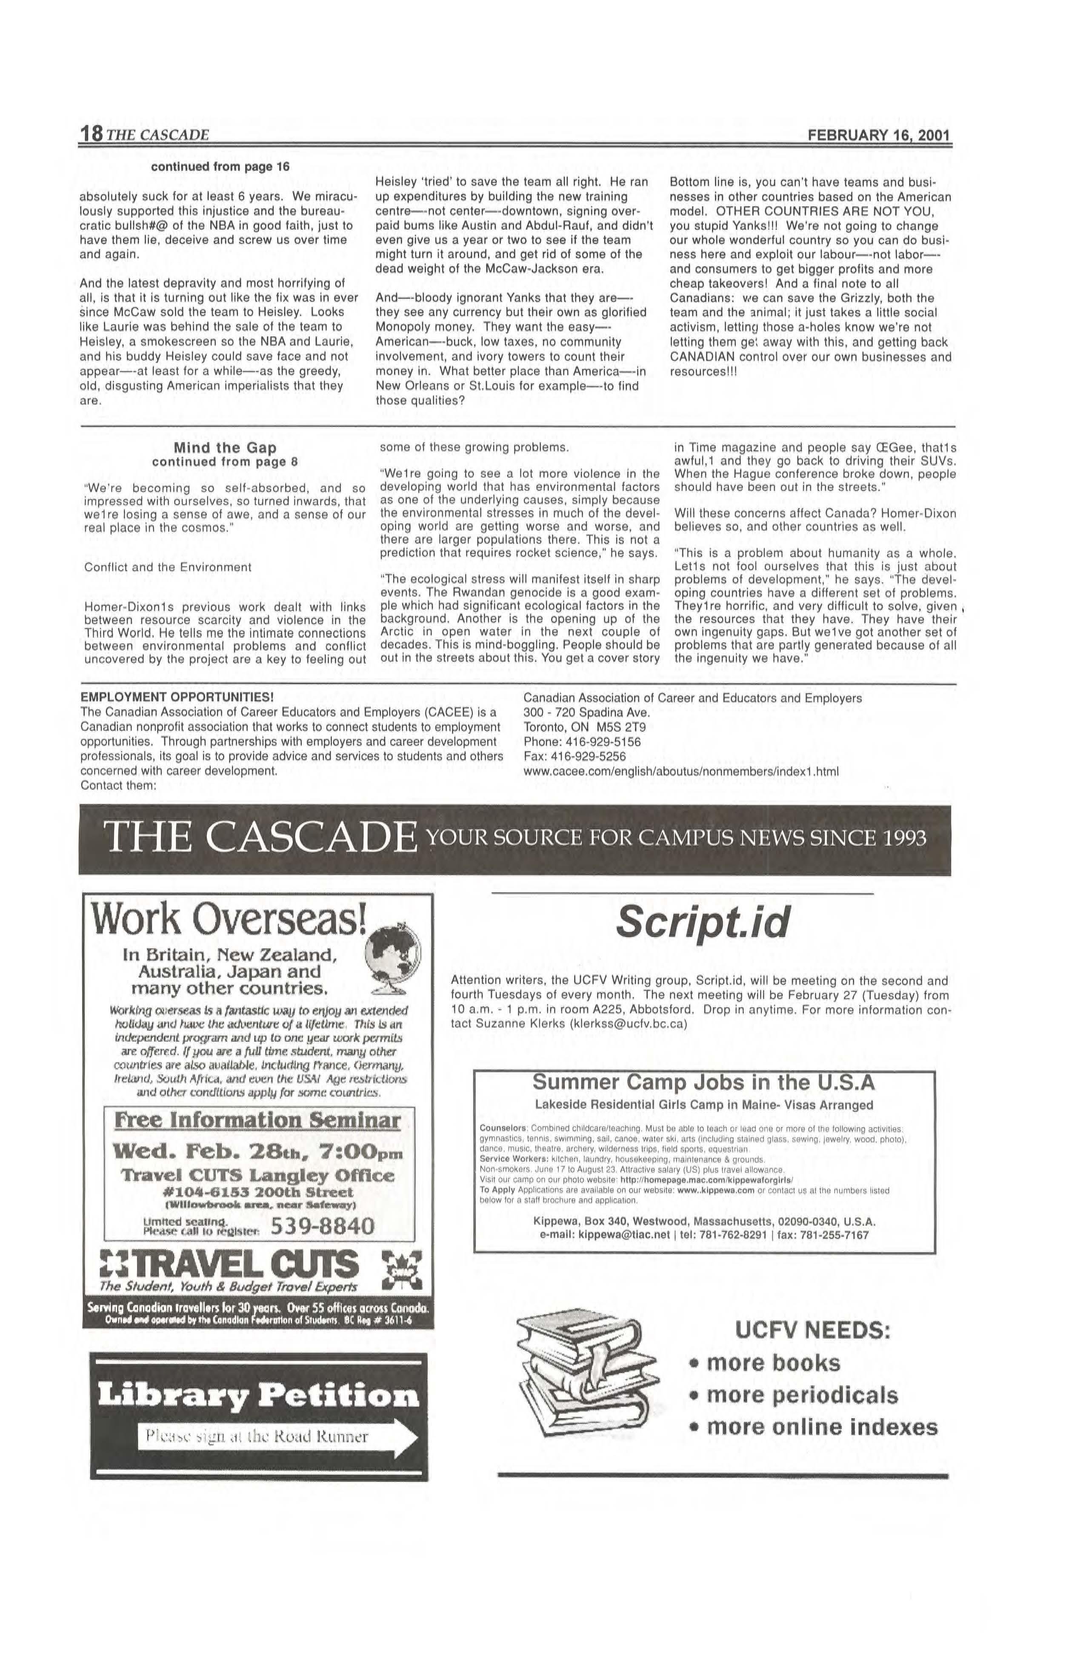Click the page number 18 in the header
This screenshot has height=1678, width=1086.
[91, 134]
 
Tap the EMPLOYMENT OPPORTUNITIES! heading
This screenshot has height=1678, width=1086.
[177, 697]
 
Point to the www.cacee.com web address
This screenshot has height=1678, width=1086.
[680, 771]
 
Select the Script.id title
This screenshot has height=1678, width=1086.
[702, 923]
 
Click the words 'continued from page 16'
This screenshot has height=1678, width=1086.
[219, 167]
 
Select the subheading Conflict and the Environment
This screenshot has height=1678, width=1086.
[167, 567]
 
